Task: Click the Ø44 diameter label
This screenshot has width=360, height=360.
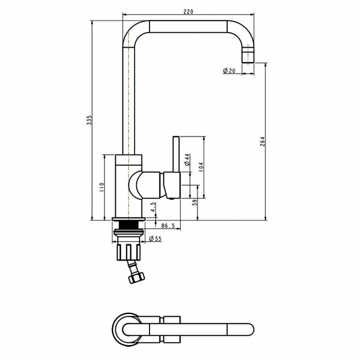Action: (x=187, y=161)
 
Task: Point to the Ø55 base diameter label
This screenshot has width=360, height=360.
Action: (x=156, y=239)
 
